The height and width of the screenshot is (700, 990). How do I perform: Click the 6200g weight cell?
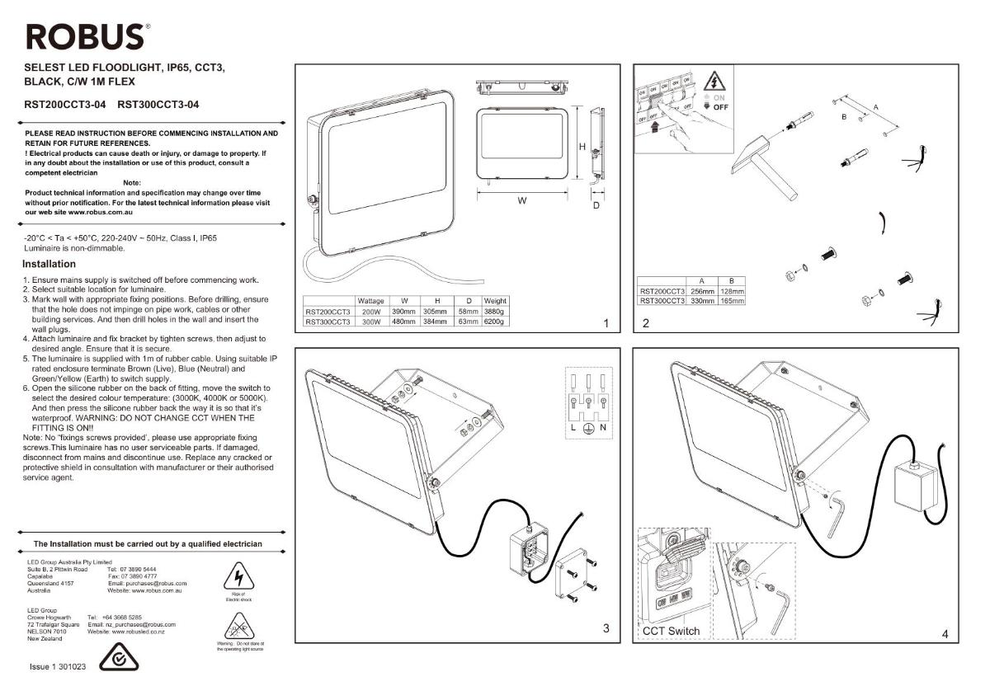click(x=495, y=322)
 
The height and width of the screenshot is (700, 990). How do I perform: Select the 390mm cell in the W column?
click(x=403, y=312)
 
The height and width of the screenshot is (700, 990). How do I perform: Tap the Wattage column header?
click(x=370, y=301)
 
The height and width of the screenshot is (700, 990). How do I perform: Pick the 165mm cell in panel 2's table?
click(x=731, y=301)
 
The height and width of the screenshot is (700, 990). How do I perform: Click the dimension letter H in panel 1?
click(x=582, y=147)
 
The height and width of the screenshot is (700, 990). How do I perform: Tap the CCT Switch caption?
click(x=671, y=632)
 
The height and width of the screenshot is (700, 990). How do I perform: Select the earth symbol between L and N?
click(x=589, y=429)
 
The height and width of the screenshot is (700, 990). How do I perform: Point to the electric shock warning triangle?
click(x=238, y=575)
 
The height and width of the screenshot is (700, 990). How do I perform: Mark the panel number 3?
click(x=606, y=629)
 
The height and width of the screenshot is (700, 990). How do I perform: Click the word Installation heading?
click(x=49, y=265)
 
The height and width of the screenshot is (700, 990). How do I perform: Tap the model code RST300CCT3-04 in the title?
click(x=158, y=105)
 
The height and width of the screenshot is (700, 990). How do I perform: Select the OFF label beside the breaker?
click(x=720, y=107)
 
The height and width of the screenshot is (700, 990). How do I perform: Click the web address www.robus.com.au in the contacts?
click(x=156, y=590)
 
